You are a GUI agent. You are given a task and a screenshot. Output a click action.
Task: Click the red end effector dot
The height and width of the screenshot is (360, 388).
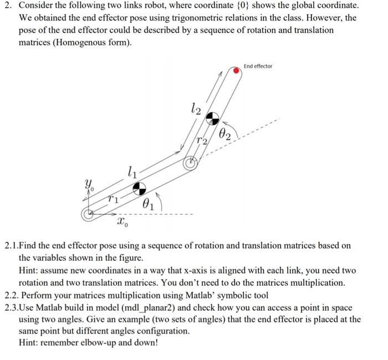pyautogui.click(x=237, y=70)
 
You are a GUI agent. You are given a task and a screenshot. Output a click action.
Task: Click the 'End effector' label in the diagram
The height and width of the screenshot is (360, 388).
pyautogui.click(x=258, y=66)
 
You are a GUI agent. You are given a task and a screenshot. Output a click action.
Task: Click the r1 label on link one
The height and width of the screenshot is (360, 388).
pyautogui.click(x=113, y=197)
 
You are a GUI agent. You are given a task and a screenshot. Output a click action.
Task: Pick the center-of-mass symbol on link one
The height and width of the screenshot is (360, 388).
pyautogui.click(x=139, y=187)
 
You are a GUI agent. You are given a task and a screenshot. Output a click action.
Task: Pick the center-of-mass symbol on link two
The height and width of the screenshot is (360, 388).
pyautogui.click(x=213, y=118)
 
